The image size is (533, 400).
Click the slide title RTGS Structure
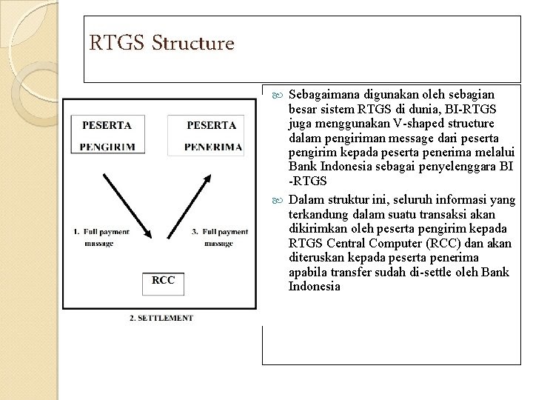(x=161, y=44)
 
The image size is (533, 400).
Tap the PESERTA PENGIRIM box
(x=107, y=136)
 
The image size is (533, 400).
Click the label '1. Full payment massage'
(x=104, y=237)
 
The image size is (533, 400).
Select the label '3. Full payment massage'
(x=223, y=237)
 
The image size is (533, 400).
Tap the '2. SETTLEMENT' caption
(x=161, y=318)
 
